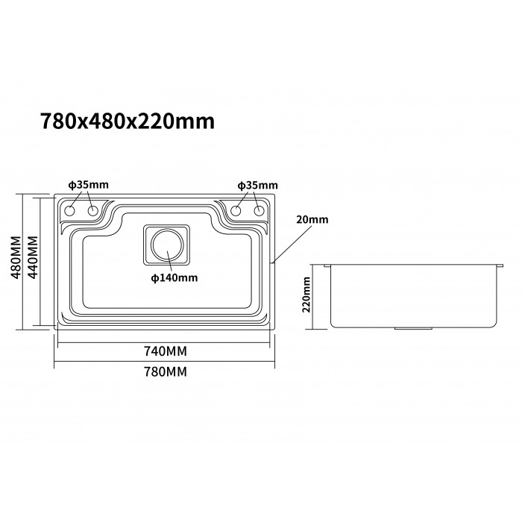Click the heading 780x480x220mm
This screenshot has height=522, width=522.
[128, 121]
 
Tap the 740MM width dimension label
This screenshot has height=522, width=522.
[166, 351]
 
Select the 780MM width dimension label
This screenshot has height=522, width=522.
[166, 371]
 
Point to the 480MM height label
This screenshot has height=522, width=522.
[16, 257]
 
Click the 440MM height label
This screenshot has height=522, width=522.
[33, 257]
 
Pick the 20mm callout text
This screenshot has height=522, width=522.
[312, 220]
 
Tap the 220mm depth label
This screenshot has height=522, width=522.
[306, 295]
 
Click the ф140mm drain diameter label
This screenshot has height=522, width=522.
[174, 277]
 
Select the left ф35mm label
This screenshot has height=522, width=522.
[89, 185]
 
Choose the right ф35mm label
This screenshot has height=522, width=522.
[258, 186]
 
